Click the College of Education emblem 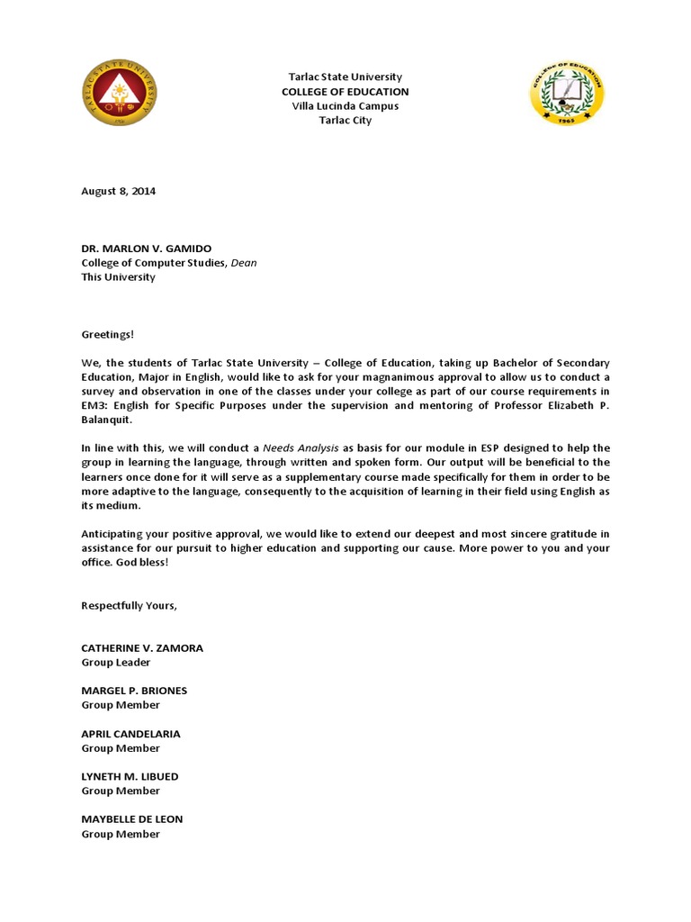[x=565, y=93]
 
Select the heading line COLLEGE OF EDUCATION [x=345, y=92]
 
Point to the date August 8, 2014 [x=118, y=191]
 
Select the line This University [x=118, y=277]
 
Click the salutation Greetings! [x=107, y=334]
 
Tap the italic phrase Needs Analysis [x=301, y=448]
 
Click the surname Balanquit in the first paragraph [x=106, y=420]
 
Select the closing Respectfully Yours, [x=129, y=605]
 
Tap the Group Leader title [x=115, y=663]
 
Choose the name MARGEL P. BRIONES [x=134, y=691]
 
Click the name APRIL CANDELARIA [x=130, y=734]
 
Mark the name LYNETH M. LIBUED [x=130, y=776]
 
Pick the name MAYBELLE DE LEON [x=132, y=819]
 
